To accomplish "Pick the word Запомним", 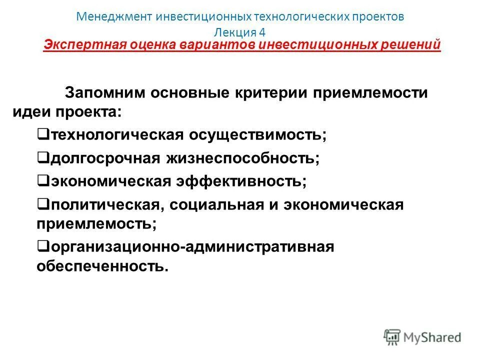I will (116, 93).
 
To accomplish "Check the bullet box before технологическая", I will (42, 134).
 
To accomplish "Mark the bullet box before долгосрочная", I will (42, 158).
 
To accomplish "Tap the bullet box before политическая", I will (42, 204).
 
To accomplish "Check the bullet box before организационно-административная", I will (42, 246).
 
